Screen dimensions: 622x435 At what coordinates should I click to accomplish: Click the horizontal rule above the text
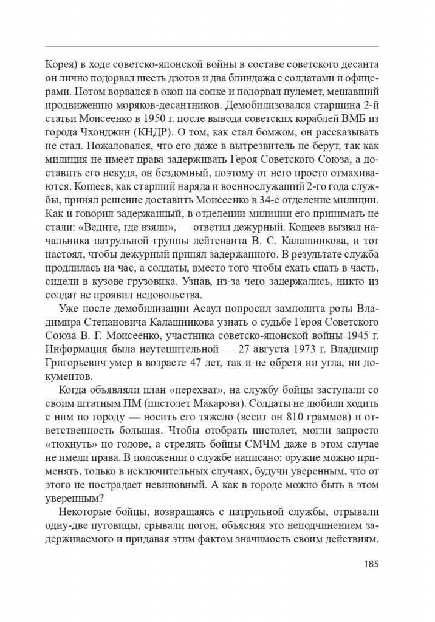tap(212, 47)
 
